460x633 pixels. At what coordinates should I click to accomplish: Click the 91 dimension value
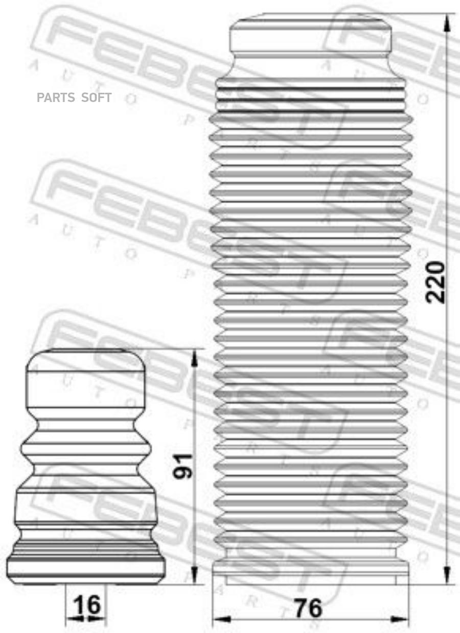183,466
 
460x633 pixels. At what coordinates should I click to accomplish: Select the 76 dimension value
308,608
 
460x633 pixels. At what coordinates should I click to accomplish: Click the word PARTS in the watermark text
56,97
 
